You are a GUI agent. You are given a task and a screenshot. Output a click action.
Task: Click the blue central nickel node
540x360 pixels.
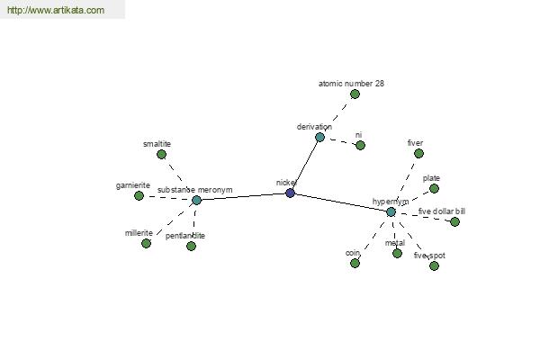click(290, 193)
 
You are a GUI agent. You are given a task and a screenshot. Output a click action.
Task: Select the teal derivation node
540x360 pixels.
click(319, 137)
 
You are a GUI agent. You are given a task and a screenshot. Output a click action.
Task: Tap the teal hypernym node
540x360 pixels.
click(391, 211)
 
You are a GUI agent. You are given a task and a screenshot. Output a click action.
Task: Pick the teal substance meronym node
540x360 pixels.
click(196, 200)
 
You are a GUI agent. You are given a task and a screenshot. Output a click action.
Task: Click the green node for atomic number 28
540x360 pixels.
click(355, 94)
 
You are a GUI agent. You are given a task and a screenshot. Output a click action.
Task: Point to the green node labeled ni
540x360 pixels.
click(360, 145)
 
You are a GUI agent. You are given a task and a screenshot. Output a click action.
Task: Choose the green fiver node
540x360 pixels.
click(418, 153)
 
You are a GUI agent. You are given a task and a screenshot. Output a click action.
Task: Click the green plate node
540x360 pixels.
click(435, 188)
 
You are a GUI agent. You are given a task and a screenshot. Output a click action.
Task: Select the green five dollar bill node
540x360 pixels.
click(454, 221)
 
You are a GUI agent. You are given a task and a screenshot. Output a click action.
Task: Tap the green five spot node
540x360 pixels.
click(434, 265)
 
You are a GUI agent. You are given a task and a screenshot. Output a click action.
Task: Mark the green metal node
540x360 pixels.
click(397, 253)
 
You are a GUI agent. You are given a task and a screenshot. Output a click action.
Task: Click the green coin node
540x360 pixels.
click(356, 263)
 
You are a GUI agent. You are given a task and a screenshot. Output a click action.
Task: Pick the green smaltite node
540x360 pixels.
click(161, 154)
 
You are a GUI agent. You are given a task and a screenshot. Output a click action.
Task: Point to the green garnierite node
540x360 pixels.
click(139, 195)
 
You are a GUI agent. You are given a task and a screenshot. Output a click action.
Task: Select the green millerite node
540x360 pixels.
click(146, 243)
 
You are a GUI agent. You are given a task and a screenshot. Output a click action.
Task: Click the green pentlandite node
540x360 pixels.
click(191, 246)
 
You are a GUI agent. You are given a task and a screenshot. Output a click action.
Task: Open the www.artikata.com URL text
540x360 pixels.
click(56, 11)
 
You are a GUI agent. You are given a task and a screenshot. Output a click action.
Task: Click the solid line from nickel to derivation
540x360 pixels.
click(305, 165)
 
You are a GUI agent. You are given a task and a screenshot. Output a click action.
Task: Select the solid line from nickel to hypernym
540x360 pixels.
click(340, 202)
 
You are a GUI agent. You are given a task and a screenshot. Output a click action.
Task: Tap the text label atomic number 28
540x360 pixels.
click(351, 83)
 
